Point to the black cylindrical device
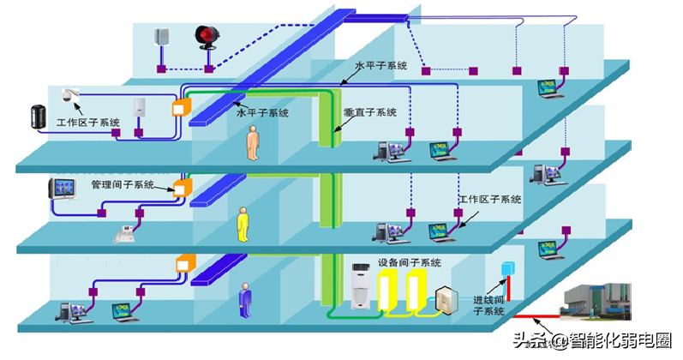38,117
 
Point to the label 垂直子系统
370,112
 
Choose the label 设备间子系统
410,261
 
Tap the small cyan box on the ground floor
505,267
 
